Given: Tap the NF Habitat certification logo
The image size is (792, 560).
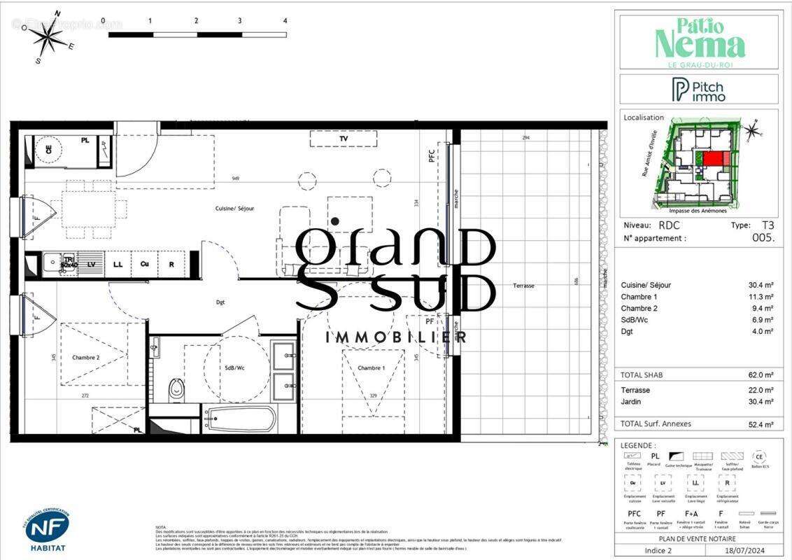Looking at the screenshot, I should [x=47, y=528].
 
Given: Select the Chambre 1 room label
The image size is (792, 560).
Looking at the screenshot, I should [x=371, y=368].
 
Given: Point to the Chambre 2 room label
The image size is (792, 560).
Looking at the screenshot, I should [x=85, y=358].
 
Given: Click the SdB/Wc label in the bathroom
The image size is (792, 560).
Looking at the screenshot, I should [x=234, y=368].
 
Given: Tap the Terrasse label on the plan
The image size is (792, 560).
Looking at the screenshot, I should [x=523, y=286].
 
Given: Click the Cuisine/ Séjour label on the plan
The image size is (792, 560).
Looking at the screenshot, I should [x=234, y=209].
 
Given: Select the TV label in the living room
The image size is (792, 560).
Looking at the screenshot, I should [x=344, y=139].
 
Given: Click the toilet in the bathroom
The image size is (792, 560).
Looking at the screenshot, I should [x=176, y=388].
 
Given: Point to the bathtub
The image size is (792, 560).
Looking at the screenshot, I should [x=239, y=419].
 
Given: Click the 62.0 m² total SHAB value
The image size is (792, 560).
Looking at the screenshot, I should [x=761, y=375].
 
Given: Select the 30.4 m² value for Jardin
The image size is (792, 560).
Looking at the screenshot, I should [x=761, y=402].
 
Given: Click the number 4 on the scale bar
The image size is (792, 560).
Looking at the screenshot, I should [x=285, y=21].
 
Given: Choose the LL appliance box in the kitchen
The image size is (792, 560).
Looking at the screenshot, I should [x=118, y=264].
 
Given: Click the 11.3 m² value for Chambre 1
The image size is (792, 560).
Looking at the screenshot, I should [x=761, y=297].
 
